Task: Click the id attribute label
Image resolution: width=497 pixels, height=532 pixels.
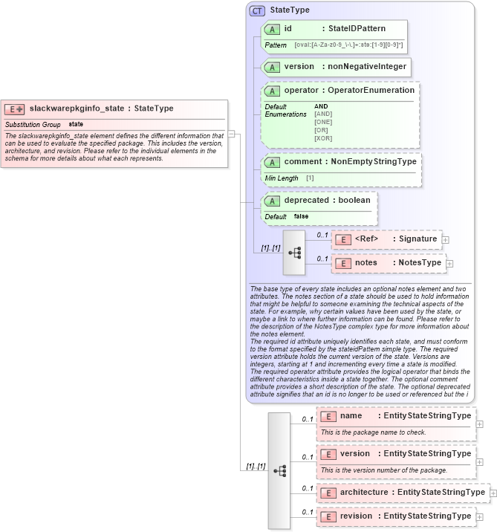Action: [288, 29]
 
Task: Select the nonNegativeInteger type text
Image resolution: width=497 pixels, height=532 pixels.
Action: [367, 67]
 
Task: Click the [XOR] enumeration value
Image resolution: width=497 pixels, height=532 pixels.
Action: [322, 138]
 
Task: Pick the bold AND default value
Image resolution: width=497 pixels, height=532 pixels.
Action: [321, 106]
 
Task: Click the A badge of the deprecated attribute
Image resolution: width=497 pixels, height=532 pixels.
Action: [272, 201]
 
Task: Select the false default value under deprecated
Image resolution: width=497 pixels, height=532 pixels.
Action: [301, 216]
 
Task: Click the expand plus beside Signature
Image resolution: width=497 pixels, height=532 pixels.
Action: [445, 239]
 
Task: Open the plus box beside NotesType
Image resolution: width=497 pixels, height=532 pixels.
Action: [449, 263]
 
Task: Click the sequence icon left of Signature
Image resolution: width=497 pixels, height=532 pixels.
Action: [295, 252]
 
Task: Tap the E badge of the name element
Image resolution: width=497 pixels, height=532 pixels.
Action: [328, 417]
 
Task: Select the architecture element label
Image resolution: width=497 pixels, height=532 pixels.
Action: [363, 493]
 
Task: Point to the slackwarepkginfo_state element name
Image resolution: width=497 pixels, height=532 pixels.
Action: [77, 108]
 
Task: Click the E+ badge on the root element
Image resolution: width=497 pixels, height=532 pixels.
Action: [15, 108]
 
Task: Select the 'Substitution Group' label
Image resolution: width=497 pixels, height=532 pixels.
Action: [33, 124]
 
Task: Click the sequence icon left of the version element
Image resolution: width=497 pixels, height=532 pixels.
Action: [279, 470]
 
